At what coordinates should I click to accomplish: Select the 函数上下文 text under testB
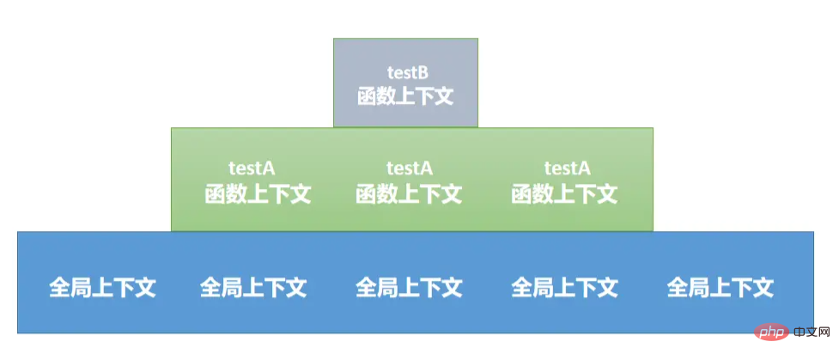pyautogui.click(x=404, y=95)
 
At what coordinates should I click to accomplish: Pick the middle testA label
pyautogui.click(x=409, y=168)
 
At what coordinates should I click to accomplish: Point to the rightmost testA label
pyautogui.click(x=567, y=168)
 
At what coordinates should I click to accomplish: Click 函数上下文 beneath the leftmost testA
pyautogui.click(x=257, y=193)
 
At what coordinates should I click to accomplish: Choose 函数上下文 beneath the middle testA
pyautogui.click(x=409, y=193)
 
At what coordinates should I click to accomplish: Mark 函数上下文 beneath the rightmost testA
pyautogui.click(x=564, y=193)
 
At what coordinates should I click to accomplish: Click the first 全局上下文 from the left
pyautogui.click(x=102, y=286)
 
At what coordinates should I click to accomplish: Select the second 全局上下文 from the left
pyautogui.click(x=253, y=286)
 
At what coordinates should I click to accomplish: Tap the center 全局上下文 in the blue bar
pyautogui.click(x=409, y=286)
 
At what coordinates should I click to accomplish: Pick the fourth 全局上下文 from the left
pyautogui.click(x=564, y=286)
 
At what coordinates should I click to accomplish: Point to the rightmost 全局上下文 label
pyautogui.click(x=720, y=286)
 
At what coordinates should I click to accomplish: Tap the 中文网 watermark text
pyautogui.click(x=809, y=332)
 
